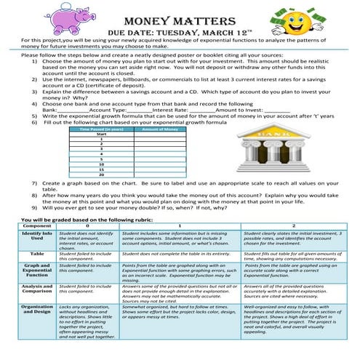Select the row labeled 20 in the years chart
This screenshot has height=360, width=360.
click(101, 175)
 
